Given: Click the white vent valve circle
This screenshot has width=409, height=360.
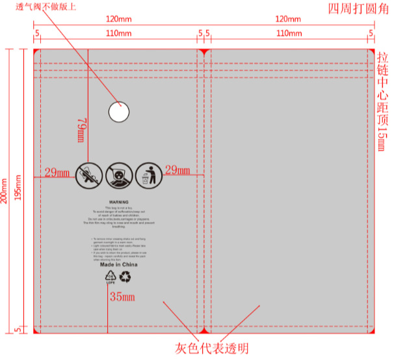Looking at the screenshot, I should pyautogui.click(x=118, y=113).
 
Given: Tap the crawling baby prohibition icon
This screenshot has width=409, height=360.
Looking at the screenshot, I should pyautogui.click(x=88, y=175).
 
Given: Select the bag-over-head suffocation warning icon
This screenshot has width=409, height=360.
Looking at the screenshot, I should pyautogui.click(x=118, y=175).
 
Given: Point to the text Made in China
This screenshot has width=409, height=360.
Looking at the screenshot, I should pyautogui.click(x=118, y=265).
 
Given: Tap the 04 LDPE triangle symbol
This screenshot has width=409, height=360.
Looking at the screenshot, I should pyautogui.click(x=111, y=278).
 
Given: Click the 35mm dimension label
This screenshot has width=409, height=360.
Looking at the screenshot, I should pyautogui.click(x=122, y=298).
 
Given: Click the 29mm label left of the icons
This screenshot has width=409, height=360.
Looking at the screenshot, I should pyautogui.click(x=57, y=173).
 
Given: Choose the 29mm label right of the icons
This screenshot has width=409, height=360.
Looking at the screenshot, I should pyautogui.click(x=177, y=170).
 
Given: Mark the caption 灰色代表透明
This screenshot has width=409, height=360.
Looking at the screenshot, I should pyautogui.click(x=211, y=348).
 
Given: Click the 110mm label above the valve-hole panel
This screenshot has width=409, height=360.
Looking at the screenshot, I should pyautogui.click(x=118, y=33).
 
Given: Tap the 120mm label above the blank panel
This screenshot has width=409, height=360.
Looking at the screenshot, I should pyautogui.click(x=288, y=20).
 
